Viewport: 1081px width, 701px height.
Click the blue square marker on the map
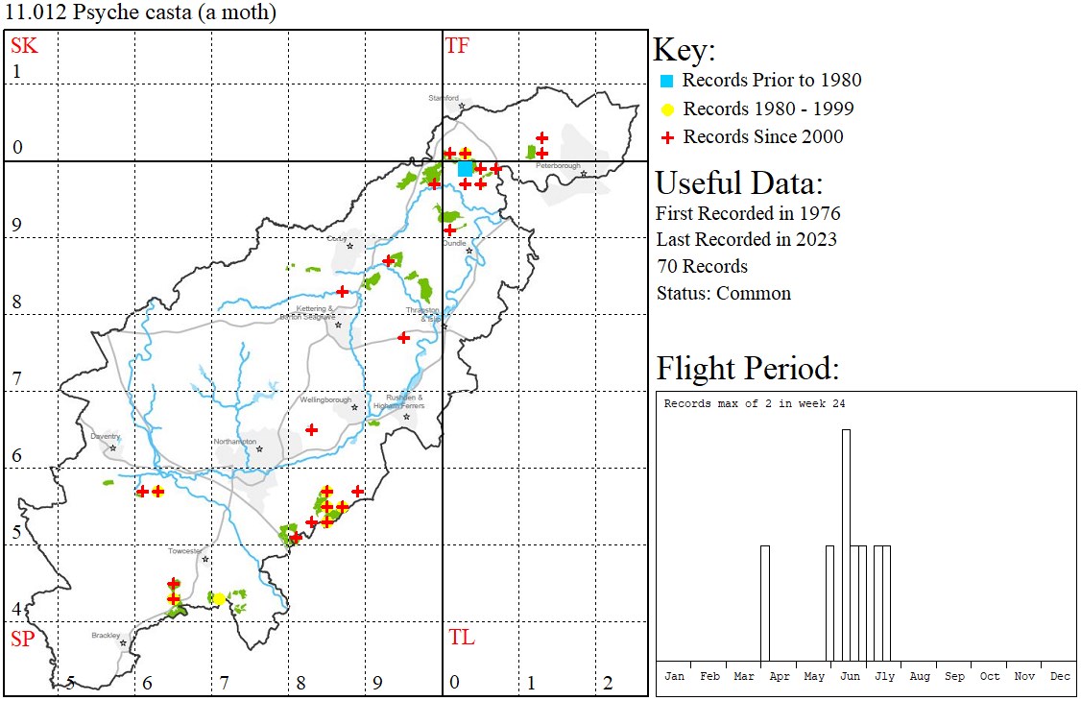[466, 168]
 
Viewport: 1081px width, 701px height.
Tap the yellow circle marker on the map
[219, 598]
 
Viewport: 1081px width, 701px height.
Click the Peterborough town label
[558, 166]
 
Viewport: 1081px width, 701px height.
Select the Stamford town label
[444, 98]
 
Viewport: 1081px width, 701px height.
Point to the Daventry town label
[105, 436]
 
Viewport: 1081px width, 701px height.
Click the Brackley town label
[106, 636]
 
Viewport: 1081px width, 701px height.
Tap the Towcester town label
[185, 551]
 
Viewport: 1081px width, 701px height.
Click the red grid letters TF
[457, 45]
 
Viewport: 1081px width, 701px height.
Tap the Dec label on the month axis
[1060, 677]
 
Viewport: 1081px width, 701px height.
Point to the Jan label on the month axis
[675, 677]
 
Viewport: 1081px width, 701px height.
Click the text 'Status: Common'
[724, 293]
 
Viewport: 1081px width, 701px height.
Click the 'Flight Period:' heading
[748, 369]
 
